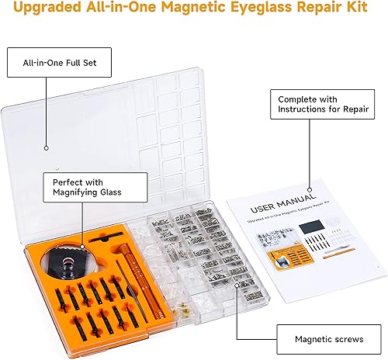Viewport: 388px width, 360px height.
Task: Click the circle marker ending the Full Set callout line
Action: point(47,147)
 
